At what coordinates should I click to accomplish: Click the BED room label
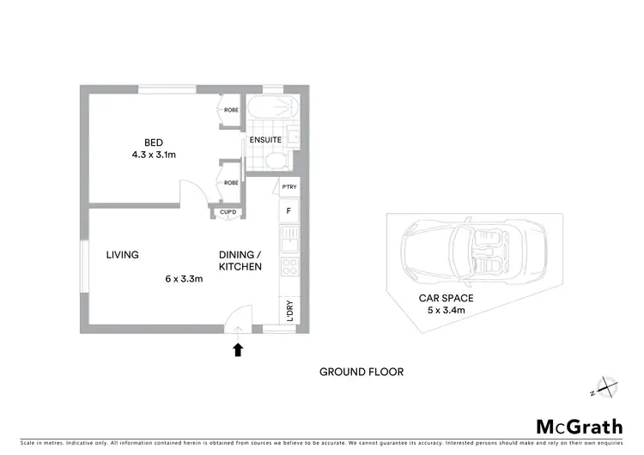click(154, 142)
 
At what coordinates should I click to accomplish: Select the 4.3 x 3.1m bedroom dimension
click(154, 156)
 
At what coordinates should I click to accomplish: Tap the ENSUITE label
click(263, 140)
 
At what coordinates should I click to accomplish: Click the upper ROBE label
click(231, 110)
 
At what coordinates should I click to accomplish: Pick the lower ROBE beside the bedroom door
click(231, 182)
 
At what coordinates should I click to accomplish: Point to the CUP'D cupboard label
click(228, 212)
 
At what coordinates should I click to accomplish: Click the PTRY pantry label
click(288, 186)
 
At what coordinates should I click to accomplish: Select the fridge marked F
click(288, 210)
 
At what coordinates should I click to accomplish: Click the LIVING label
click(123, 255)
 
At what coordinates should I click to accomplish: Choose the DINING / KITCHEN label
click(240, 261)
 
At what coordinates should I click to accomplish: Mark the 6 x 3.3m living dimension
click(184, 279)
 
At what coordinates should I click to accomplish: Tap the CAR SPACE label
click(446, 298)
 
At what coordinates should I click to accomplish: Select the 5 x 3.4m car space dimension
click(446, 311)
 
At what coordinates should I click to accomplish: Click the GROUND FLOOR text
click(361, 372)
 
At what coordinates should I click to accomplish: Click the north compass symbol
click(605, 387)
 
